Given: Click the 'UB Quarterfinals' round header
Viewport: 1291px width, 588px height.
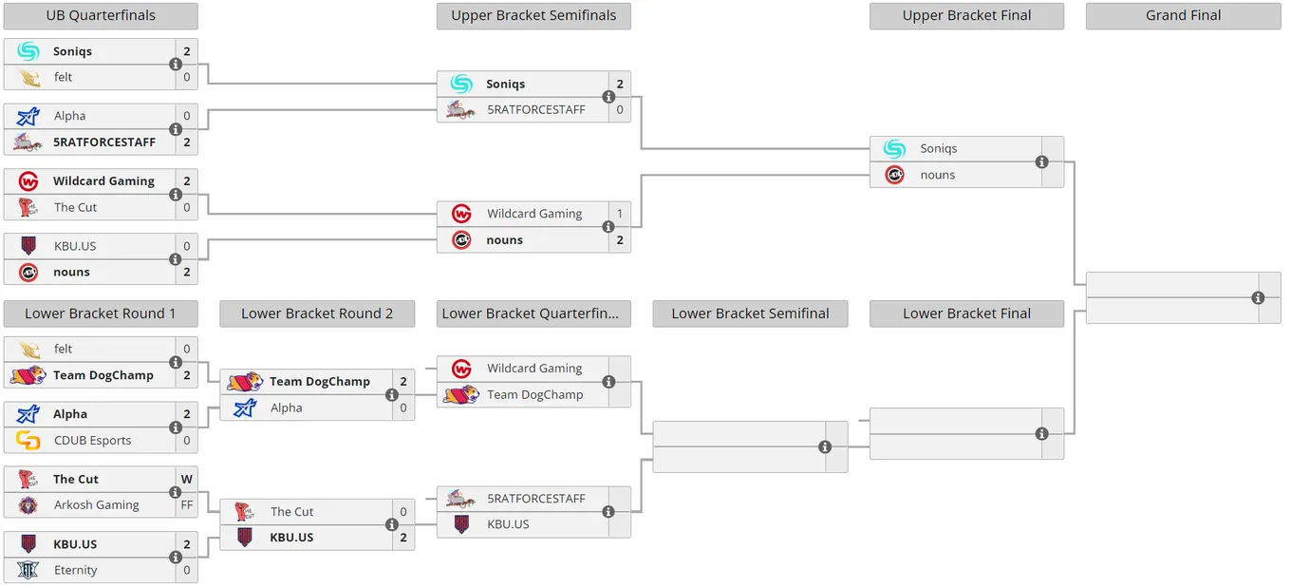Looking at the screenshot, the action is click(x=101, y=15).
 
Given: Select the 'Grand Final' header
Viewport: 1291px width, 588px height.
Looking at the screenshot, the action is click(x=1183, y=15).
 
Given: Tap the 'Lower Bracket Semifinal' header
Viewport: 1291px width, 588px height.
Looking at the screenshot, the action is click(x=750, y=313).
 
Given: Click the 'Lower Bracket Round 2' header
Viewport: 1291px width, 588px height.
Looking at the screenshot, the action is click(x=317, y=313).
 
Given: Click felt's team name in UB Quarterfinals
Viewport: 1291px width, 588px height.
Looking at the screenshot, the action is click(x=63, y=77).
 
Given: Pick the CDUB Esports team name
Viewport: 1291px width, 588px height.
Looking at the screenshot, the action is click(x=92, y=441).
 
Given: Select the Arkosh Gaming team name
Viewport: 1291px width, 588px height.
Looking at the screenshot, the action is click(x=96, y=505).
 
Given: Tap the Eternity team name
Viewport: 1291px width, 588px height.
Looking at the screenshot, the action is click(x=76, y=570).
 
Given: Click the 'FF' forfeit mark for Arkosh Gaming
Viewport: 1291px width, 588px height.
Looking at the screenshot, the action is click(x=187, y=505).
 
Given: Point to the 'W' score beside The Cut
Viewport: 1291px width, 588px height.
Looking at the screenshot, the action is click(x=187, y=479).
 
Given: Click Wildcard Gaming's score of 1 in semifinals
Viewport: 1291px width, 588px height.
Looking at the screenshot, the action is click(x=620, y=214).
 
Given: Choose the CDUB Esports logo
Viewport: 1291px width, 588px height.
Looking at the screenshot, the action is click(x=28, y=441).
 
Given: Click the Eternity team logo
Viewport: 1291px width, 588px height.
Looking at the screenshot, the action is click(x=28, y=570).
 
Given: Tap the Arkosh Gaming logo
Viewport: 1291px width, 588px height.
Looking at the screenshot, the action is click(x=28, y=505).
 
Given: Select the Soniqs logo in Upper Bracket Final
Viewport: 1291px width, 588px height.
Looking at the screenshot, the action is click(x=894, y=149).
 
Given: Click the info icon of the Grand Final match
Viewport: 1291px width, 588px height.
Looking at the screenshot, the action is click(x=1258, y=297).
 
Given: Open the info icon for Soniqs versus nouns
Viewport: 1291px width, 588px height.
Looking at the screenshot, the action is click(x=1041, y=162).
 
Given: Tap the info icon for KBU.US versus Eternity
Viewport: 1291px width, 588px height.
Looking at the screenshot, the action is click(x=176, y=558).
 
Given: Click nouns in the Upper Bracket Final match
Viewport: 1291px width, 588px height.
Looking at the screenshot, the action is click(x=938, y=175).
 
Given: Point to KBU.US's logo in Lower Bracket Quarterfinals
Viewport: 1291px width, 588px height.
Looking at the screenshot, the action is click(x=461, y=524).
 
